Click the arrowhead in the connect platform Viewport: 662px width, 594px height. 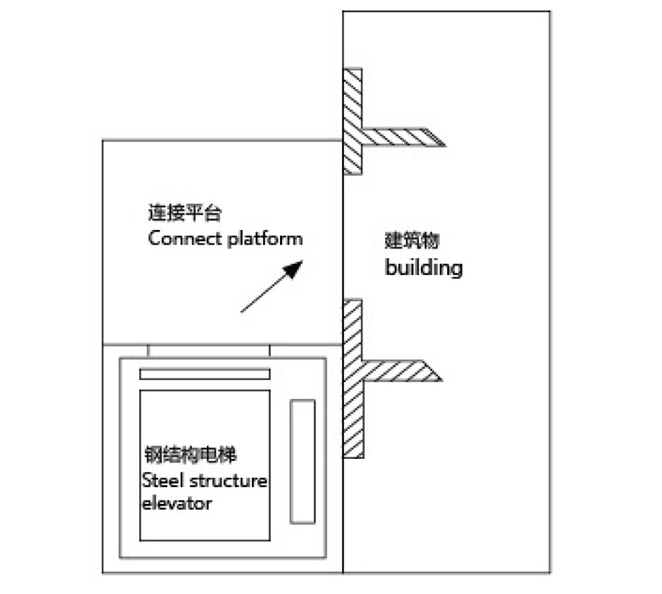pyautogui.click(x=295, y=269)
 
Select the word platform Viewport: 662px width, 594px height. pyautogui.click(x=264, y=238)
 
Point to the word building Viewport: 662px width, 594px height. pyautogui.click(x=424, y=267)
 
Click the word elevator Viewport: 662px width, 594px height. pyautogui.click(x=177, y=503)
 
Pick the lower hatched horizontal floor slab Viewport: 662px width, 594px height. pyautogui.click(x=399, y=370)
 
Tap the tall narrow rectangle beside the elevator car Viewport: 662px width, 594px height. pyautogui.click(x=302, y=461)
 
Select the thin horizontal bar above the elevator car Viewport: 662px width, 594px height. pyautogui.click(x=205, y=374)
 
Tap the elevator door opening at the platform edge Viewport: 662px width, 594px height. pyautogui.click(x=209, y=350)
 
